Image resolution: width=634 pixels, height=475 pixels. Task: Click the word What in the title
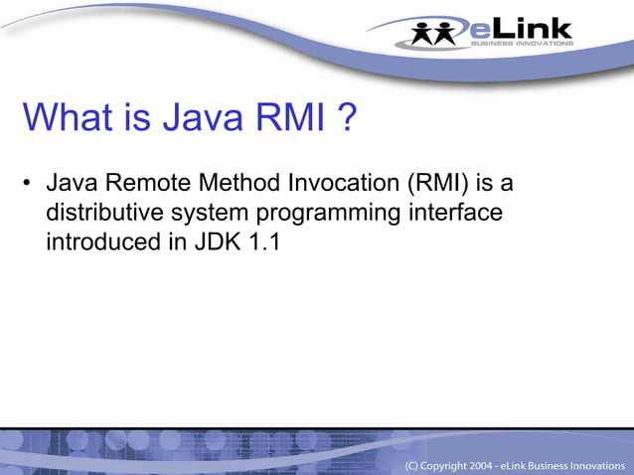pos(67,119)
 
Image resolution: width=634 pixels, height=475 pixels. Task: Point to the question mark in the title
pos(347,119)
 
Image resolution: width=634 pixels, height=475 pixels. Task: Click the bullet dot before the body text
pos(29,185)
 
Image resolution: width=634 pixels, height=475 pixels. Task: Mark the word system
pos(203,214)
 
